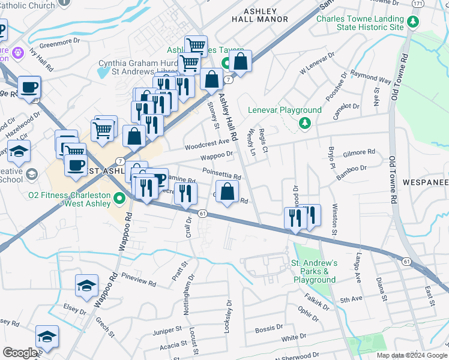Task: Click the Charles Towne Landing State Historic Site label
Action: pos(360,23)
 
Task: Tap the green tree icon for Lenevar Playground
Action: pos(305,123)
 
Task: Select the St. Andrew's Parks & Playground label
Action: pos(315,271)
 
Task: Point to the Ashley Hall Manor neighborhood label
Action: pos(260,15)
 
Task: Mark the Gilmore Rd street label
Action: pos(359,153)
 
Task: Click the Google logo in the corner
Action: pos(20,353)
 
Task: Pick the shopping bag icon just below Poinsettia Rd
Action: pos(228,193)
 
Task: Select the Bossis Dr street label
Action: pos(268,328)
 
